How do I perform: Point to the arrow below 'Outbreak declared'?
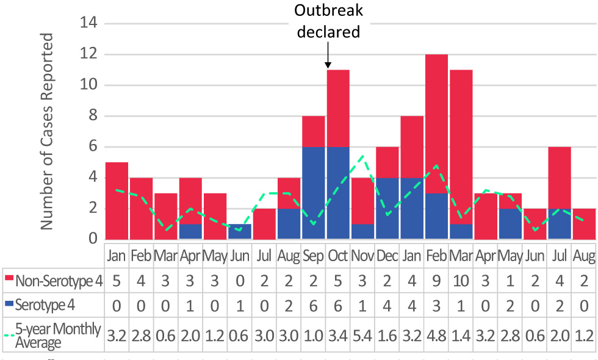tap(328, 60)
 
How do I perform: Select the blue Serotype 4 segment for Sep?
tap(313, 192)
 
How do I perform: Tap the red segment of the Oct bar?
tap(338, 108)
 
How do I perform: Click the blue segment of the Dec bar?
tap(387, 207)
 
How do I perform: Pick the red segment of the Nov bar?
tap(362, 200)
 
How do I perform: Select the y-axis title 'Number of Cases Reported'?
tap(47, 131)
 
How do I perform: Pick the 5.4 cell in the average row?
tap(362, 336)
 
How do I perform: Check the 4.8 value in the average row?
tap(437, 336)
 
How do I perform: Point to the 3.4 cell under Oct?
tap(338, 336)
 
